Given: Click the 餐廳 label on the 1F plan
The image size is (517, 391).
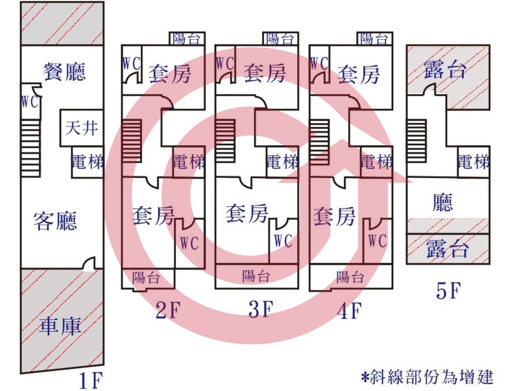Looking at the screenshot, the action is (x=65, y=72).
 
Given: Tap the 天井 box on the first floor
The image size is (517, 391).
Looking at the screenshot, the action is (x=82, y=128).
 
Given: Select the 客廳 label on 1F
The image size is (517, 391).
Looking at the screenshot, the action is (x=55, y=220).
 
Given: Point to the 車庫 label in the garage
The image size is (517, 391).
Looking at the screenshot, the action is (x=60, y=325).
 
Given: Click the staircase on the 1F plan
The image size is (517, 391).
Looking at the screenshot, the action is (x=31, y=148).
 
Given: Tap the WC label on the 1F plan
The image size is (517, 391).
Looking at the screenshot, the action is (x=30, y=102).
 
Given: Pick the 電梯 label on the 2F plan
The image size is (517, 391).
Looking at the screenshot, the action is (x=189, y=162).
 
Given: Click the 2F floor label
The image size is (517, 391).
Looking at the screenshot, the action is (x=168, y=310).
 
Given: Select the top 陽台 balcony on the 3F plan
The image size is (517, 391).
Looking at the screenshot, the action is (x=281, y=38).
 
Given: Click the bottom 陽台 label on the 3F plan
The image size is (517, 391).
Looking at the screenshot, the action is (x=256, y=276).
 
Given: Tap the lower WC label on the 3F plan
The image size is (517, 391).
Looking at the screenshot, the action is (x=283, y=241).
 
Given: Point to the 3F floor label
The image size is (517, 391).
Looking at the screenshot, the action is (x=261, y=309).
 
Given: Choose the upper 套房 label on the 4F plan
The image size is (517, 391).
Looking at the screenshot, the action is (x=358, y=74).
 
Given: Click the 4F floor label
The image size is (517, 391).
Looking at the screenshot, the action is (x=349, y=311).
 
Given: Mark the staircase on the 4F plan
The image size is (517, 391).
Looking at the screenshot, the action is (x=320, y=142).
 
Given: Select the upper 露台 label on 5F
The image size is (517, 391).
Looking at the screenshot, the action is (x=445, y=70).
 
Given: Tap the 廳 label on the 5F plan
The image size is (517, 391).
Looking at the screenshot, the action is (x=443, y=202).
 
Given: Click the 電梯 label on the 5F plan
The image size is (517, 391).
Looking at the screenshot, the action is (x=473, y=162).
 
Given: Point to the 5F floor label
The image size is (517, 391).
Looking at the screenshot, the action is (x=448, y=291).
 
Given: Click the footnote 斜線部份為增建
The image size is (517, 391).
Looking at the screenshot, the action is (x=427, y=376).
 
